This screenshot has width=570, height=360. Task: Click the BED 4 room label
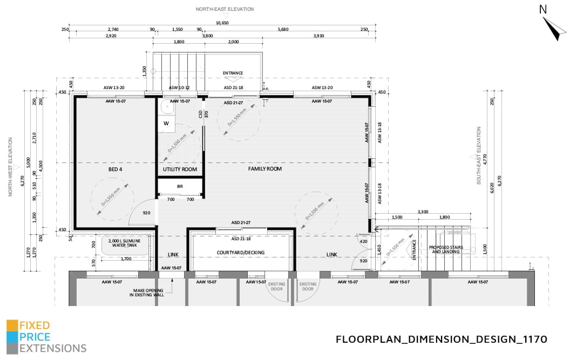[x=116, y=169]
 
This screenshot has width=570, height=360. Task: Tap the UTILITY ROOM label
[x=180, y=169]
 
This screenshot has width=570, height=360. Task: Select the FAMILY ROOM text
[x=264, y=169]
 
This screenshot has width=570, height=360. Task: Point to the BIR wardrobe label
[x=180, y=187]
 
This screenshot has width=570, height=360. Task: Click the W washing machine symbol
[x=166, y=123]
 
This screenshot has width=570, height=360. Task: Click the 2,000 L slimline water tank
[x=125, y=243]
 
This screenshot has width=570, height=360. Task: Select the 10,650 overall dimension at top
[x=222, y=23]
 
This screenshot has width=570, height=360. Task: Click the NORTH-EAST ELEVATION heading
[x=225, y=9]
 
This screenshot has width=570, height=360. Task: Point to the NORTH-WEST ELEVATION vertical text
[x=10, y=167]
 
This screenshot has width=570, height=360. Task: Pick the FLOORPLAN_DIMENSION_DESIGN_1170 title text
[x=442, y=339]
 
